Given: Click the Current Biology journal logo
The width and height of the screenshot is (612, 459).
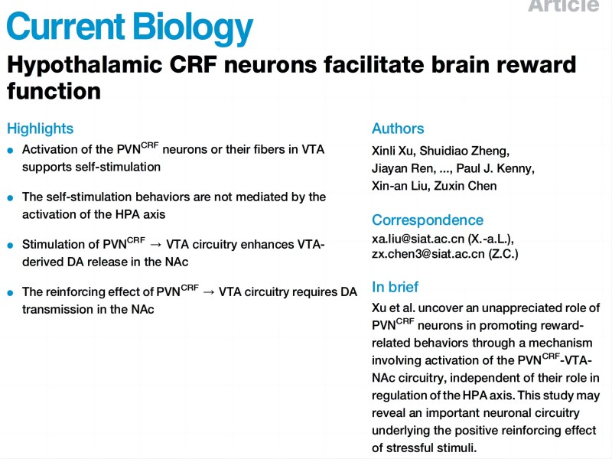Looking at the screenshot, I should click(x=129, y=28).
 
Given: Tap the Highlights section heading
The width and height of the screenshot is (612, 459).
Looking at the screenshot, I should click(x=41, y=129).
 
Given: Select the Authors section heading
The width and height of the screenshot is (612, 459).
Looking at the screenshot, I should click(x=398, y=129).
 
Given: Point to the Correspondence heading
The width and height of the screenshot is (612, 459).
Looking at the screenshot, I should click(x=428, y=220).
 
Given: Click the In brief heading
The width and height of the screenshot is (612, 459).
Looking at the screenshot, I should click(x=396, y=288).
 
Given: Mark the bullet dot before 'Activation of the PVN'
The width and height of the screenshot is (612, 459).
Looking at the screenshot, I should click(x=11, y=150).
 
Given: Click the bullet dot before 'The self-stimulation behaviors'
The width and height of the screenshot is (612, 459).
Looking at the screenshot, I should click(x=11, y=197).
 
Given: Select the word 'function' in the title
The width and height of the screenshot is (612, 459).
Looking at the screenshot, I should click(x=54, y=91).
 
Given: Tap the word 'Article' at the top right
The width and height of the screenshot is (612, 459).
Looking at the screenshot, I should click(x=563, y=5).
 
